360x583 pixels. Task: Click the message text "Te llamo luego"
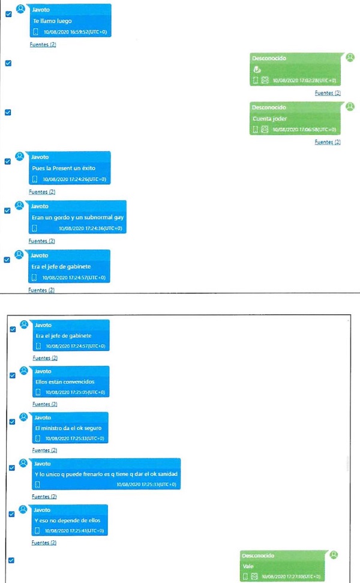(52, 21)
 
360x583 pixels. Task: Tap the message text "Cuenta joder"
(269, 119)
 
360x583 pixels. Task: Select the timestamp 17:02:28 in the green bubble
(304, 80)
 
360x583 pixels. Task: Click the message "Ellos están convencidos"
(65, 381)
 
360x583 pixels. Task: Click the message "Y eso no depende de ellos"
(67, 520)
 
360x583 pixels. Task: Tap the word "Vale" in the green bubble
(249, 566)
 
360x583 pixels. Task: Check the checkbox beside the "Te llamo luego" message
(8, 14)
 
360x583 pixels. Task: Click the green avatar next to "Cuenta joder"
(350, 106)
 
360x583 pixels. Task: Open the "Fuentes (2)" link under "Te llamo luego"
(43, 44)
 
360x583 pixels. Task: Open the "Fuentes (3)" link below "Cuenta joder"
(328, 142)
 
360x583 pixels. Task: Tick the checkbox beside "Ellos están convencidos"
(13, 375)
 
